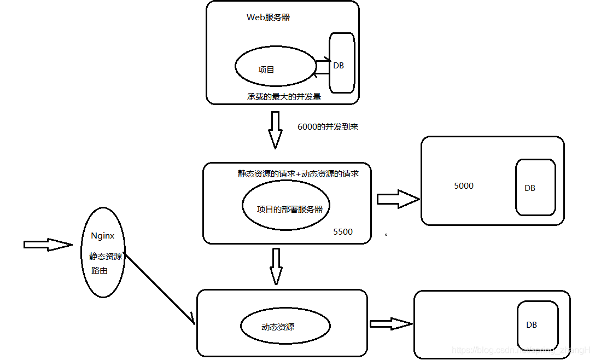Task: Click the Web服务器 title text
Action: [268, 18]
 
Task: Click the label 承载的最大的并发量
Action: [283, 97]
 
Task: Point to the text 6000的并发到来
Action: [328, 126]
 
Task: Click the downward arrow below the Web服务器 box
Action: [275, 130]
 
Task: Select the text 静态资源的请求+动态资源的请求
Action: [298, 173]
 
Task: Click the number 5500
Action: [343, 231]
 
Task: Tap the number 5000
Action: [464, 186]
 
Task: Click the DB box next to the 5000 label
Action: [535, 187]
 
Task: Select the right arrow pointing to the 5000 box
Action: [398, 199]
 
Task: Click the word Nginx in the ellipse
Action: [103, 236]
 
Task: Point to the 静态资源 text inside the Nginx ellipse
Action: [106, 256]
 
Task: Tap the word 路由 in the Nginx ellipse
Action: [100, 271]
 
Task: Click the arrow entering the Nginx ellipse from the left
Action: [48, 245]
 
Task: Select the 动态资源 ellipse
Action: [285, 327]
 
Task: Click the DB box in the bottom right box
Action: [537, 324]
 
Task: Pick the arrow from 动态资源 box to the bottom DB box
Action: [390, 324]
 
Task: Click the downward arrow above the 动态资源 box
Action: [276, 266]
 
